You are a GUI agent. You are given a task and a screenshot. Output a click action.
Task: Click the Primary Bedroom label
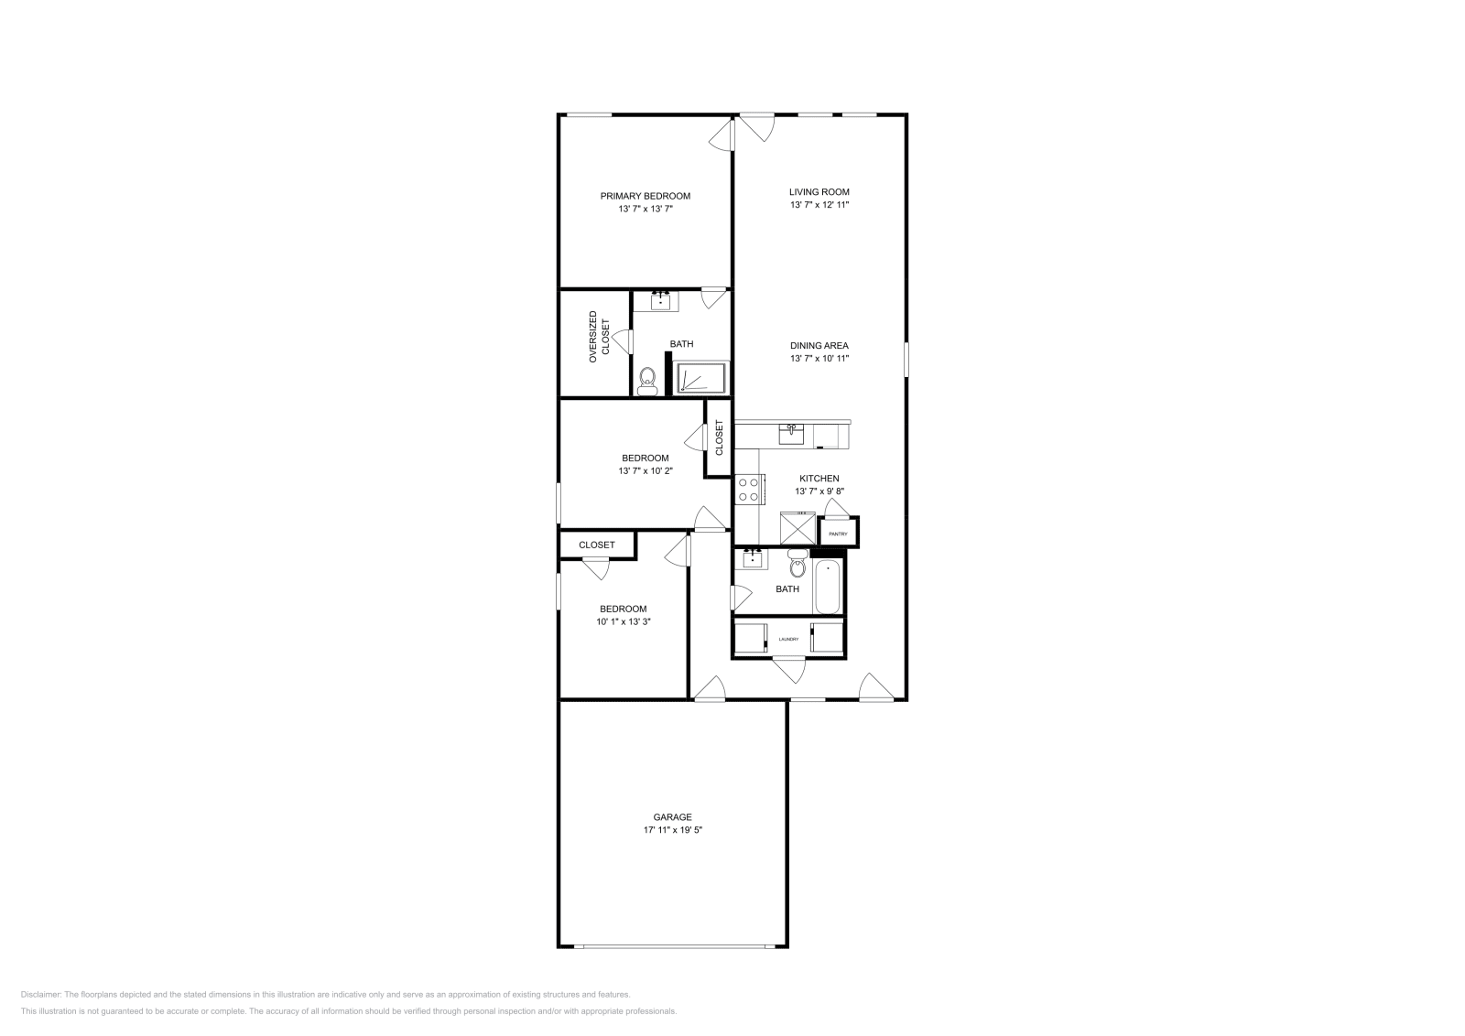(x=645, y=196)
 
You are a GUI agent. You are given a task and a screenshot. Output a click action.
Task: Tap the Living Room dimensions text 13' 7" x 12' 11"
(x=819, y=205)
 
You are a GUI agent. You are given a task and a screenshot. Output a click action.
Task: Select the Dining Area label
(x=819, y=346)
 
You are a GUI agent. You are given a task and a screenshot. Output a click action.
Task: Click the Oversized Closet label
(x=598, y=337)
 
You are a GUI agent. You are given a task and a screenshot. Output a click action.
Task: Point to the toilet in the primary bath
(x=647, y=380)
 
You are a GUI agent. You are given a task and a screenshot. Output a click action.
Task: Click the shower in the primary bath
(x=700, y=378)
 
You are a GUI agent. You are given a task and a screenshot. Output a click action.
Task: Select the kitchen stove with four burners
(x=749, y=489)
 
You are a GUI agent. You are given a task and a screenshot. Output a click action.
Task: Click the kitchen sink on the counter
(x=791, y=433)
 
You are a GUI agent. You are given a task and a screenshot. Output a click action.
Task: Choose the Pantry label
(x=838, y=534)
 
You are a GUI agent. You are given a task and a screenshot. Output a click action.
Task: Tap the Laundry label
(x=788, y=639)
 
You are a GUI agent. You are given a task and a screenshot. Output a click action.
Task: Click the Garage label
(x=672, y=817)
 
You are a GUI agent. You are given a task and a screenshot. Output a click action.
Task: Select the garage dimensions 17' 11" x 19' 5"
(x=672, y=831)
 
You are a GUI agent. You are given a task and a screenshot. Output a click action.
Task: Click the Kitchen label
(x=819, y=479)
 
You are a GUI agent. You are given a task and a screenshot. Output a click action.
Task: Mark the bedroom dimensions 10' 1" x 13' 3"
(x=623, y=622)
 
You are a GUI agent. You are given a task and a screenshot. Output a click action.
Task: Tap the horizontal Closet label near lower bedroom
(x=597, y=545)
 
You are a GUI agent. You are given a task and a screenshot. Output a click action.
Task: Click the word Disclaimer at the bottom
(x=40, y=994)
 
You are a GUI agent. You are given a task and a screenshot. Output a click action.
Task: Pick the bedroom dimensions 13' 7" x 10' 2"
(x=645, y=471)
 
